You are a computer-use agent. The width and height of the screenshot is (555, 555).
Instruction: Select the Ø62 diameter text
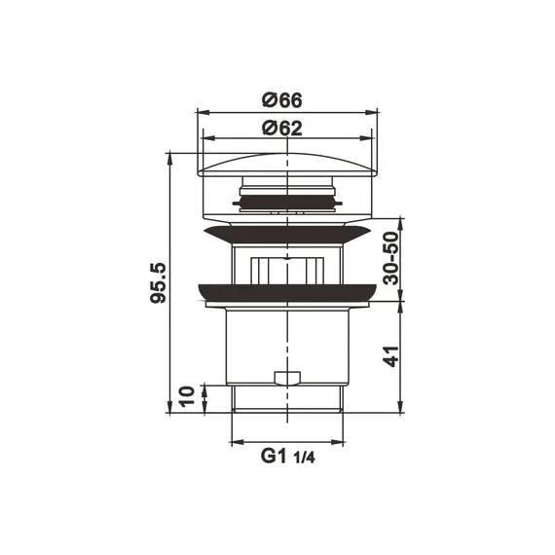[281, 127]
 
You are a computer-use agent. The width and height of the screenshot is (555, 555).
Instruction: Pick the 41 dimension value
[390, 357]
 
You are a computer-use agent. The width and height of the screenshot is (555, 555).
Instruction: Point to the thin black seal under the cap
[287, 202]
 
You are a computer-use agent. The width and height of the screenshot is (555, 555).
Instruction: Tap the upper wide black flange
[287, 234]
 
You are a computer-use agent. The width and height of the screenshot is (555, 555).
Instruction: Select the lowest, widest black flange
[287, 293]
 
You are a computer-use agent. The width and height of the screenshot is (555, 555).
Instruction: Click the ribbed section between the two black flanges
[287, 266]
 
